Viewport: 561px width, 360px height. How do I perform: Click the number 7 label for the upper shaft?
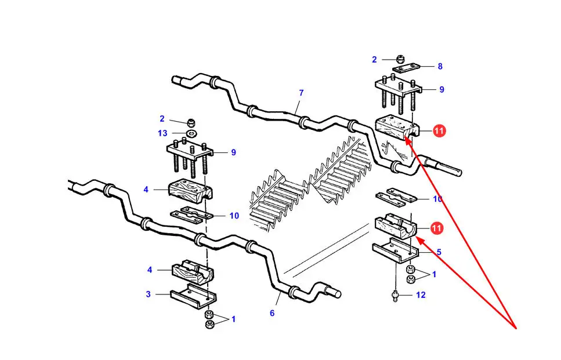(x=301, y=93)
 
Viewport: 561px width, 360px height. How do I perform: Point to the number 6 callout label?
(x=272, y=313)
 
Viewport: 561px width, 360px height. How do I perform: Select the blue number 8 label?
(x=440, y=66)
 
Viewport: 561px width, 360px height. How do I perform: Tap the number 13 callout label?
(x=162, y=133)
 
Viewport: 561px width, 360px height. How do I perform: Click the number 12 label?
(x=421, y=295)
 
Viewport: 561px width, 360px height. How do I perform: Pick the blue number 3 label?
(x=148, y=294)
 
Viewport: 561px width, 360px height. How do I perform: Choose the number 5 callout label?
(x=439, y=252)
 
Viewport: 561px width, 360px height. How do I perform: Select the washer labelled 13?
(x=193, y=134)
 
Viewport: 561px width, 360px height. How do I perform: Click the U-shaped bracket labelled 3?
(x=193, y=296)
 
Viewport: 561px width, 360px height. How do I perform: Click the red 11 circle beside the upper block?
(x=439, y=131)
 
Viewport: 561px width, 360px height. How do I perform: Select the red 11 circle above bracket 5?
(x=436, y=228)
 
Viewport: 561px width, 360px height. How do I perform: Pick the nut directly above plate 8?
(x=400, y=59)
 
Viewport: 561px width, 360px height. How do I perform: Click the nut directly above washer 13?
(x=191, y=123)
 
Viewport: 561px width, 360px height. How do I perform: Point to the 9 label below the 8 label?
(x=442, y=90)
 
